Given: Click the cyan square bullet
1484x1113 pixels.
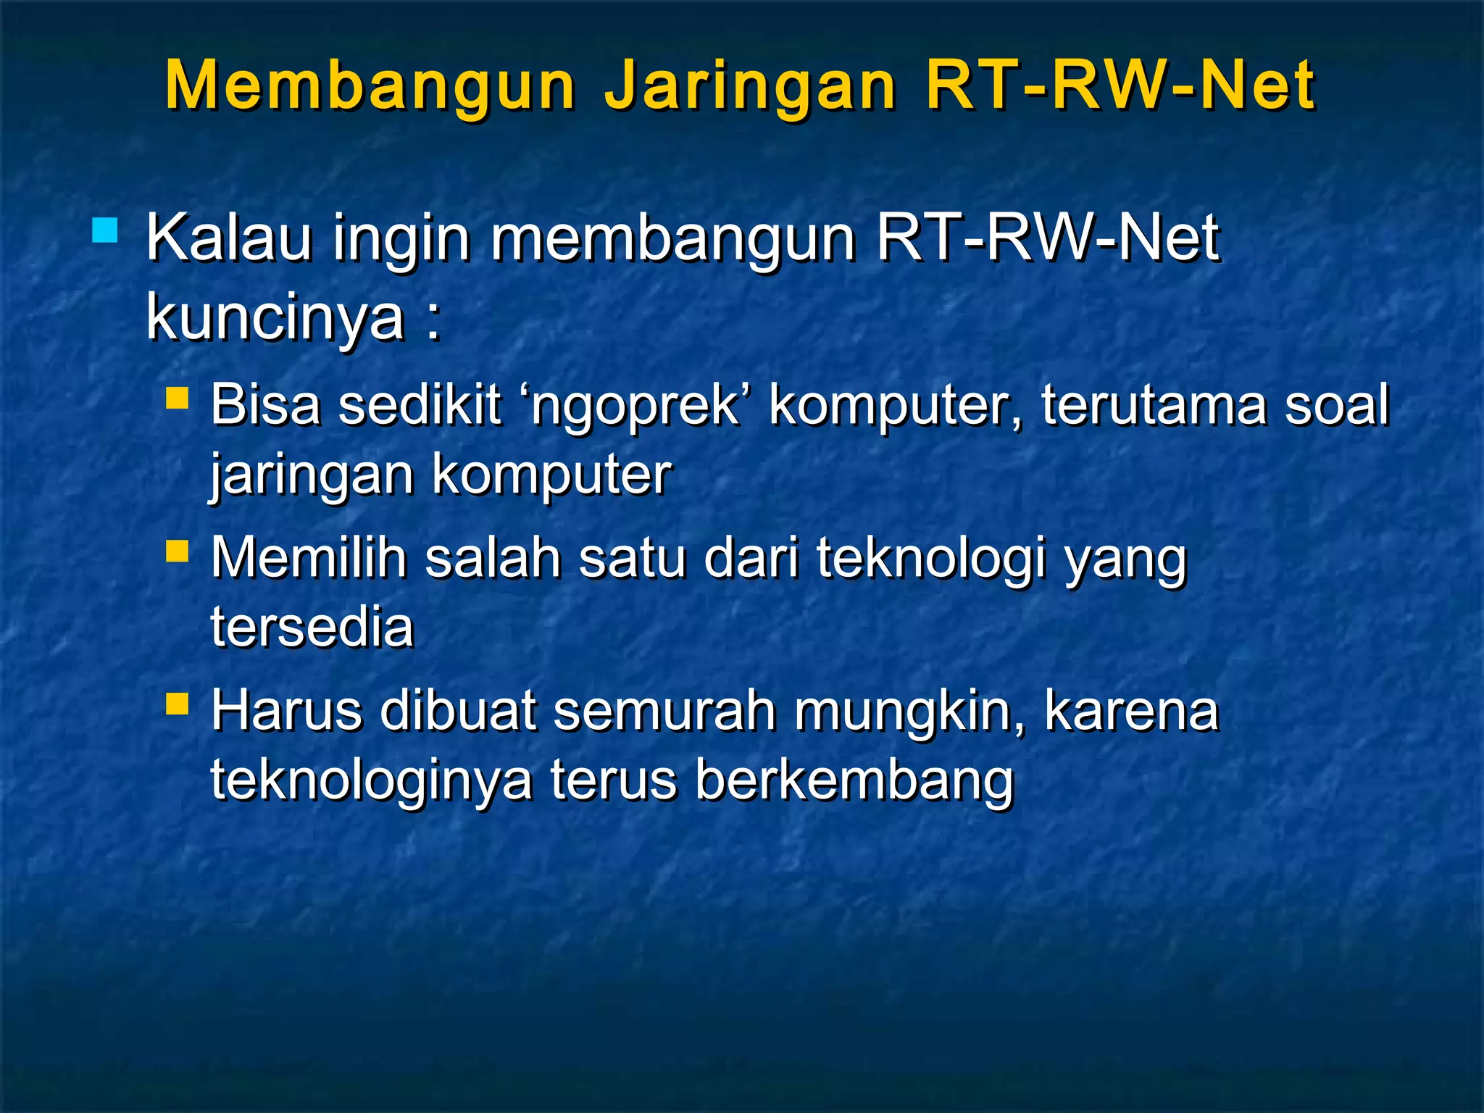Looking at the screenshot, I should [105, 231].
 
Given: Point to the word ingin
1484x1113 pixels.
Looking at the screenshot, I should [401, 241].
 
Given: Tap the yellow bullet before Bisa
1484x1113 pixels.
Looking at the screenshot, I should [177, 398].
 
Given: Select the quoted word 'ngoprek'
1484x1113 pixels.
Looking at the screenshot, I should [635, 406].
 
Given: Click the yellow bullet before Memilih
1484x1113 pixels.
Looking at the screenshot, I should [177, 551].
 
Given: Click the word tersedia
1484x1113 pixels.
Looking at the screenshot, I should [312, 627].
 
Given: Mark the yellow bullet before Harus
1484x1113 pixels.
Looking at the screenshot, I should [177, 704].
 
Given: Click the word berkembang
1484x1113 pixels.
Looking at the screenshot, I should [854, 781].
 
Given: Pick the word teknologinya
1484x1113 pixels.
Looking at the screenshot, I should [371, 781].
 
